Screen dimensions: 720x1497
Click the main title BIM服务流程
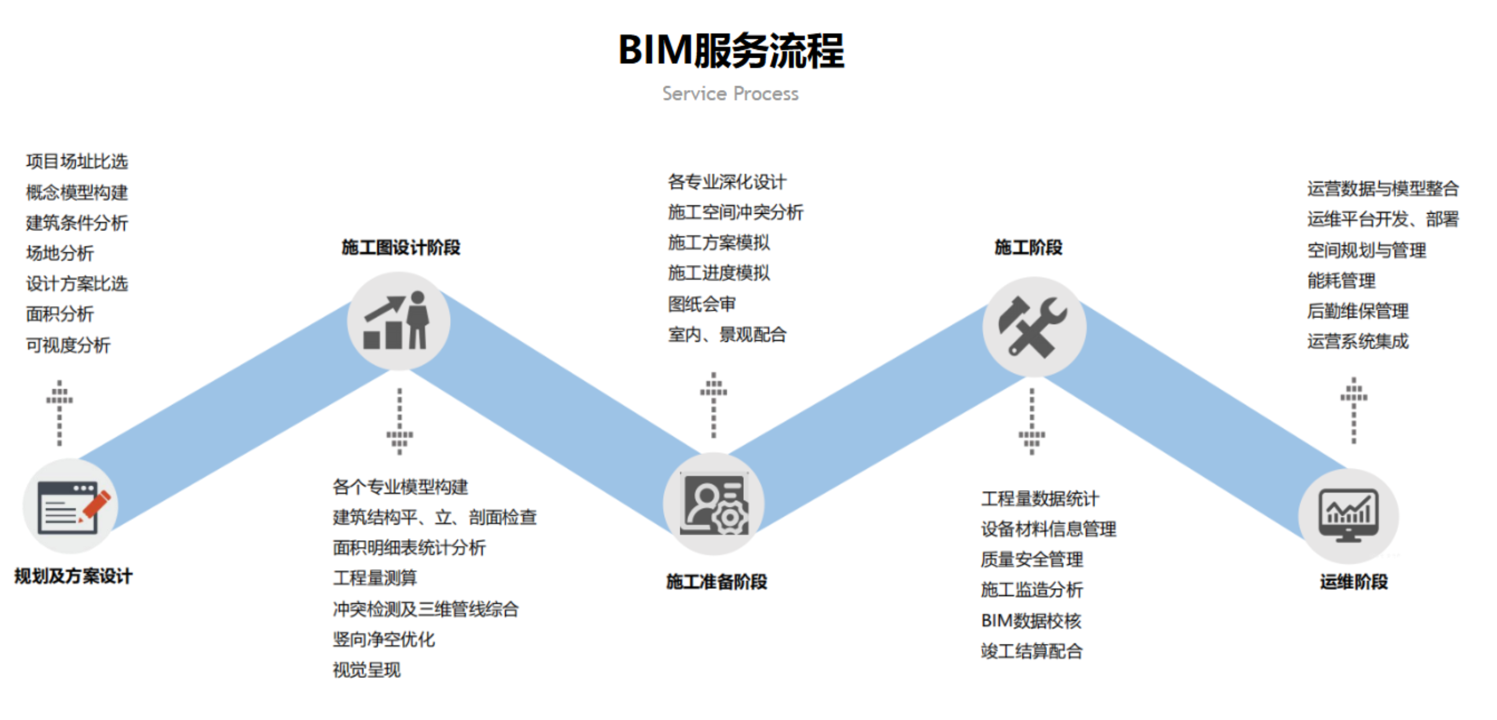pyautogui.click(x=731, y=51)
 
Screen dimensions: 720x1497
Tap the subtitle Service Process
pyautogui.click(x=731, y=94)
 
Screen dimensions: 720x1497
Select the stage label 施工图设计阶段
pyautogui.click(x=400, y=248)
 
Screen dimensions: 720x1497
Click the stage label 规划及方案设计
pyautogui.click(x=74, y=576)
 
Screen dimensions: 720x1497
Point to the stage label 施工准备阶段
pyautogui.click(x=717, y=581)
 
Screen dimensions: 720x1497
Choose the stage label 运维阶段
pyautogui.click(x=1353, y=581)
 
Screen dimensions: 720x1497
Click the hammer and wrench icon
pyautogui.click(x=1033, y=327)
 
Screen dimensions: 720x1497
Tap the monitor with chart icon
pyautogui.click(x=1348, y=515)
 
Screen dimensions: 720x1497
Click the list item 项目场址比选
pyautogui.click(x=77, y=162)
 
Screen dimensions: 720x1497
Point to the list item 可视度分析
pyautogui.click(x=68, y=345)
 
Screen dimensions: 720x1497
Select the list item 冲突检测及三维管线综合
pyautogui.click(x=426, y=609)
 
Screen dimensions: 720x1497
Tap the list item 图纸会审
pyautogui.click(x=701, y=304)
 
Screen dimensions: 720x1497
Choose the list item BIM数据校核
pyautogui.click(x=1031, y=621)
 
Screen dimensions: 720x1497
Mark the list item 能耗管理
pyautogui.click(x=1341, y=281)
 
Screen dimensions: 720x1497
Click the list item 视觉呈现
pyautogui.click(x=367, y=670)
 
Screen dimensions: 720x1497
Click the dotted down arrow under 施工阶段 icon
pyautogui.click(x=1031, y=421)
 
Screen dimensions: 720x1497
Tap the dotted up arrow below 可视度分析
pyautogui.click(x=59, y=413)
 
